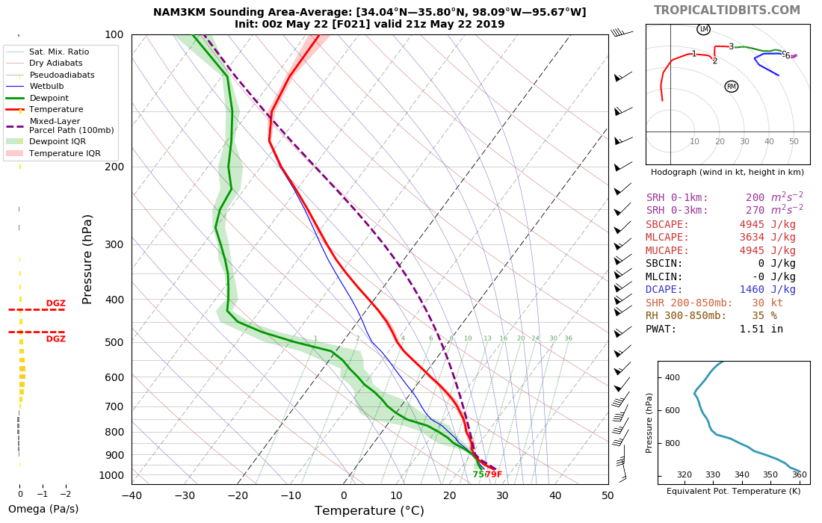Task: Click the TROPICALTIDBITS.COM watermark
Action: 726,10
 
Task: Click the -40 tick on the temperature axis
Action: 132,495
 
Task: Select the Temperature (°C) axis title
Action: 369,511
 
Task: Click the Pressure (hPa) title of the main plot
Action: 87,259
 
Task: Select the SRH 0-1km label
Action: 677,197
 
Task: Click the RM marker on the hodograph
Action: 731,87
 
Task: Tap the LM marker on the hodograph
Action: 703,29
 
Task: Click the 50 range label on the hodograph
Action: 794,141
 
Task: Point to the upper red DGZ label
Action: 56,303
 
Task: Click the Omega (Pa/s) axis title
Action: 43,510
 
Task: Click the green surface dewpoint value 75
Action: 478,474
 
